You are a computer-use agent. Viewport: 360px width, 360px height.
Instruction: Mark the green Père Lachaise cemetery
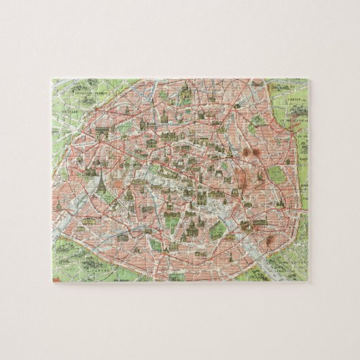[276, 173]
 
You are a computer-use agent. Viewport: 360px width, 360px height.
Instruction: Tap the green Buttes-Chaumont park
[255, 122]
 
